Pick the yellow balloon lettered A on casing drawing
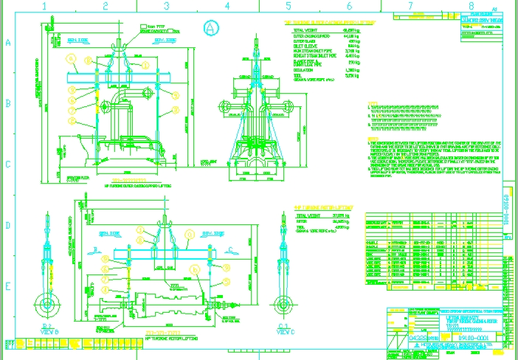point(72,58)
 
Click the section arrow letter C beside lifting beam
point(230,249)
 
